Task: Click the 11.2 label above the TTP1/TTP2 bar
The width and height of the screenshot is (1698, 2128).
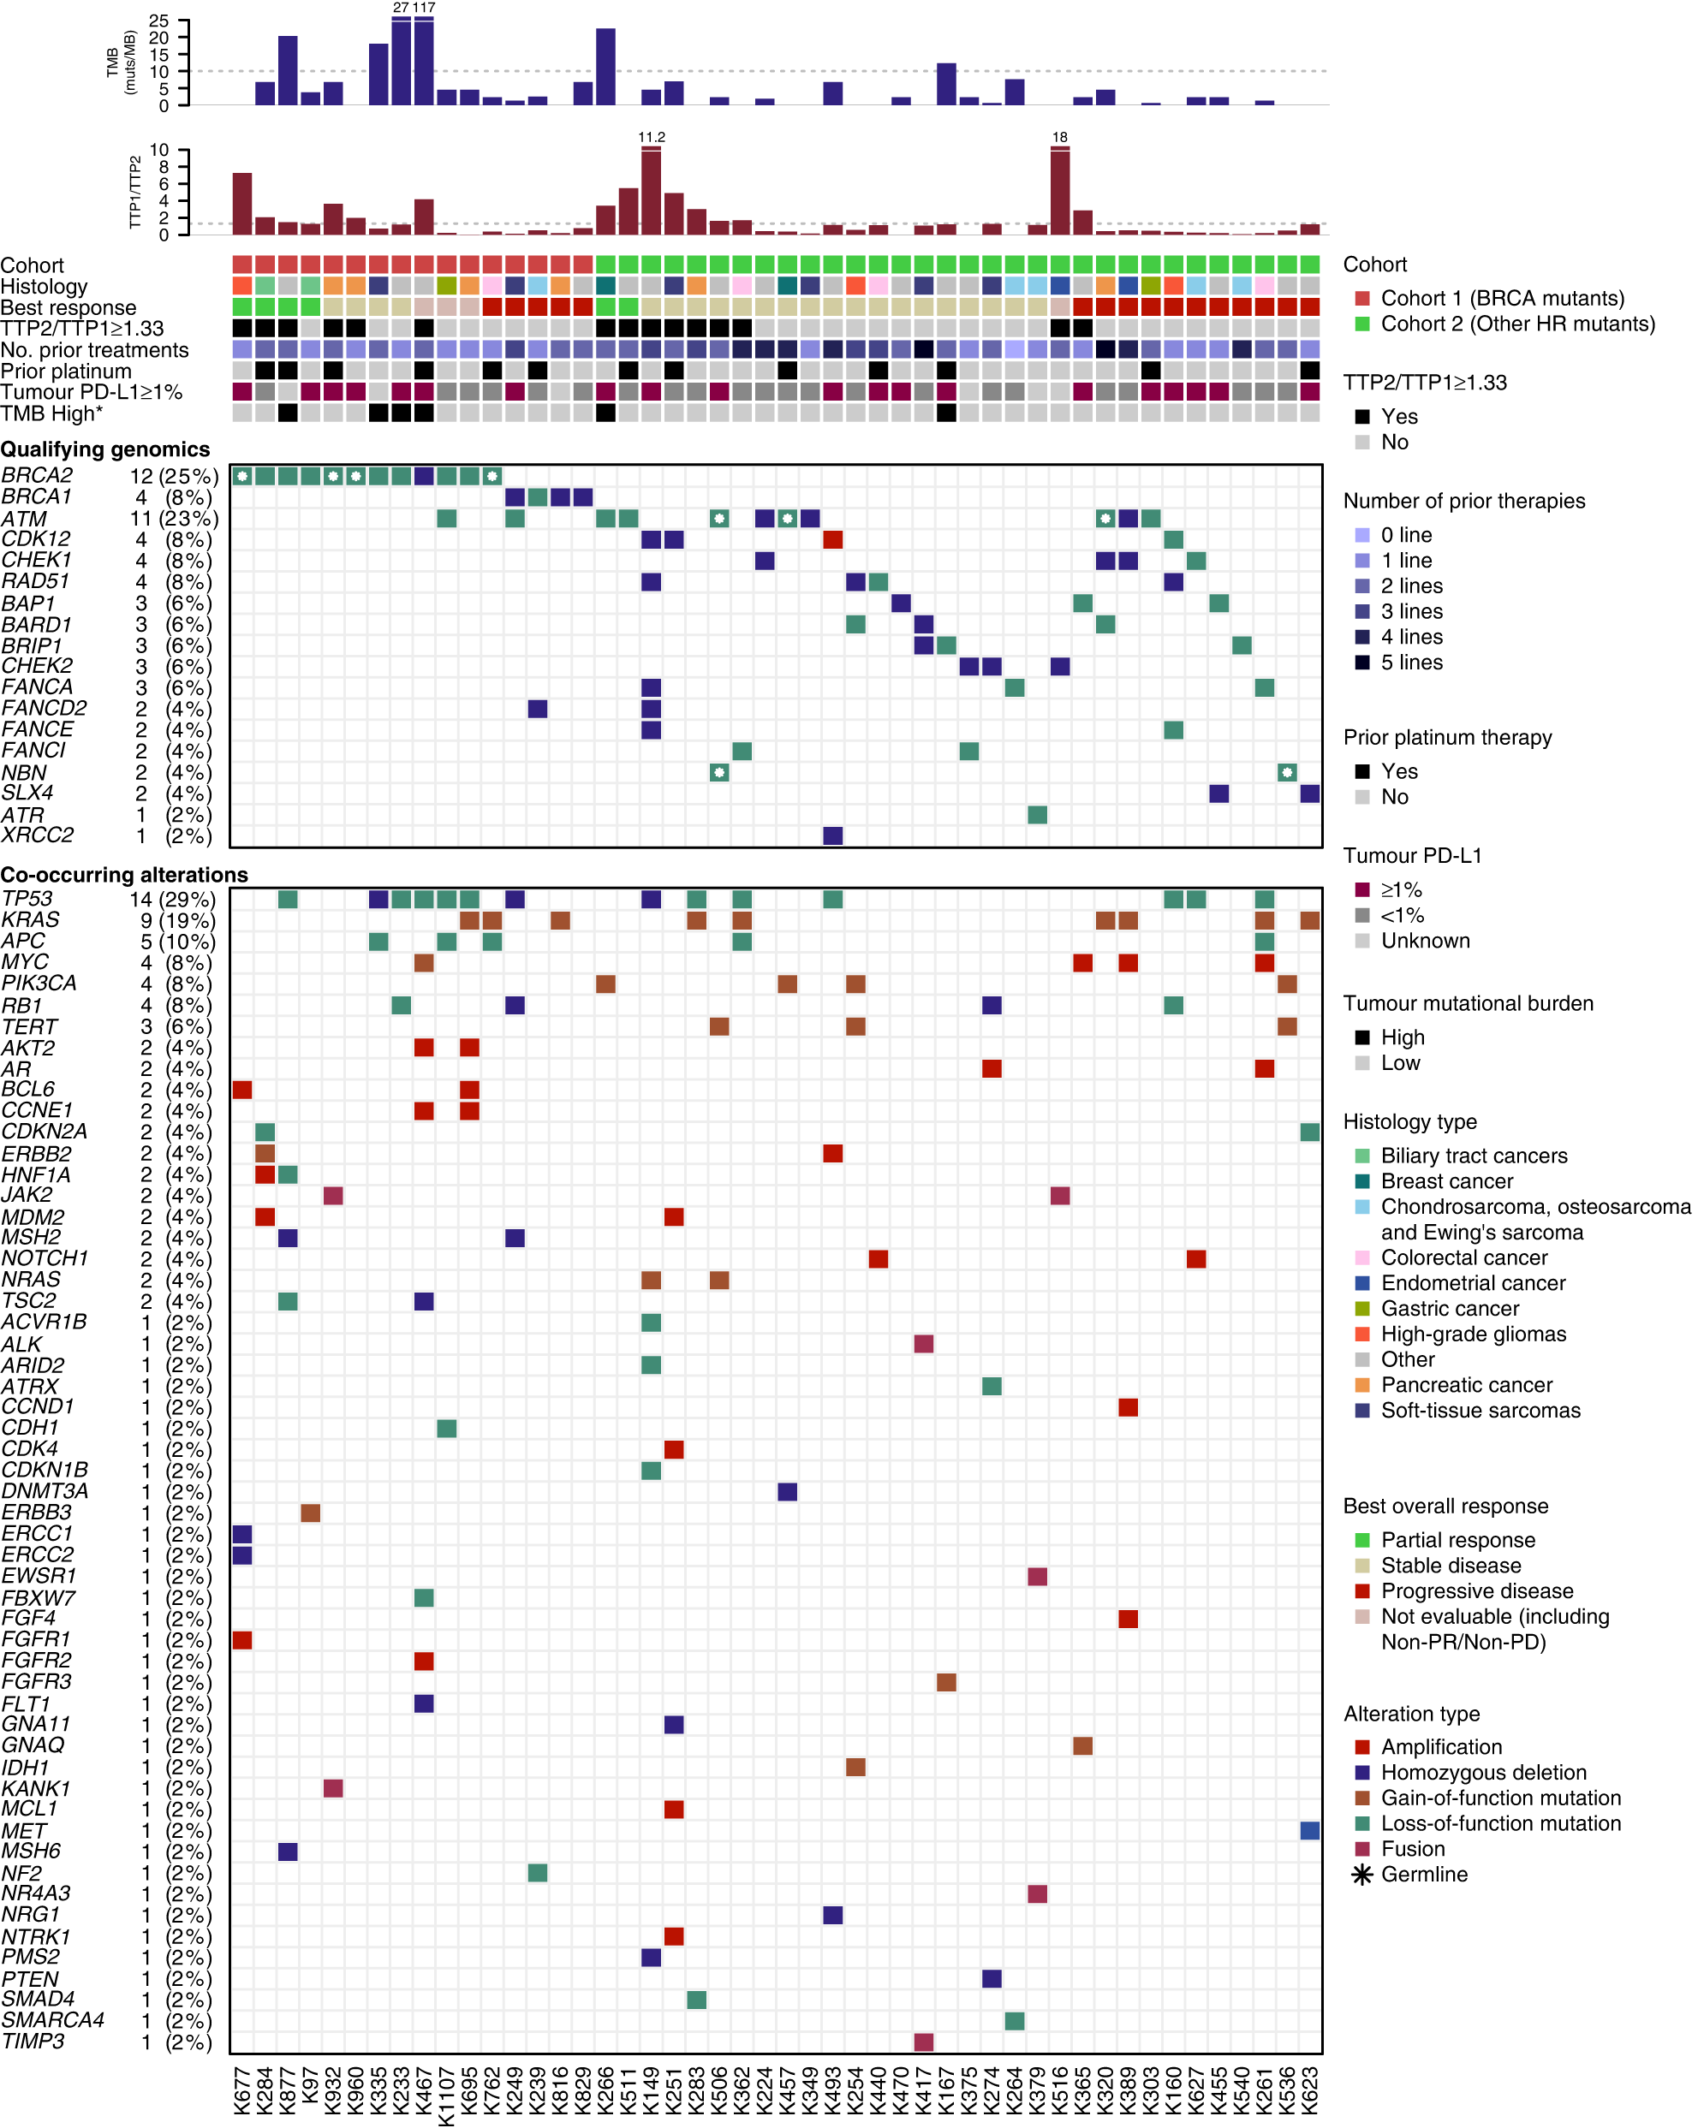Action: point(652,137)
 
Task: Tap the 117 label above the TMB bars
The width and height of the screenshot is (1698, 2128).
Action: point(425,7)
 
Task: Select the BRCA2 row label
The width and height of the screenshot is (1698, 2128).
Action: point(37,476)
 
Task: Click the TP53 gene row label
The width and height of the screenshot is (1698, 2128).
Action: point(27,898)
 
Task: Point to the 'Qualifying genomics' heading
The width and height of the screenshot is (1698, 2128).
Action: point(104,449)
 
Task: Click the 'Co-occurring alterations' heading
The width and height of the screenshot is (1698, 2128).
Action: point(123,875)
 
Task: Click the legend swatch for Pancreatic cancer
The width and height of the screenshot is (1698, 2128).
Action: point(1362,1385)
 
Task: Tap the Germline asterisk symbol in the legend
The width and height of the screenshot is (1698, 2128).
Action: point(1362,1875)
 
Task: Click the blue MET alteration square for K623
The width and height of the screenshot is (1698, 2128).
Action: point(1310,1831)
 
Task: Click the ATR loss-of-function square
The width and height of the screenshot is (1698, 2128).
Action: point(1037,814)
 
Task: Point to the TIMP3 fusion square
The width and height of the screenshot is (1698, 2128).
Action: point(923,2042)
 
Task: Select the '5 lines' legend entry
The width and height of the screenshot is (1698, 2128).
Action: point(1411,663)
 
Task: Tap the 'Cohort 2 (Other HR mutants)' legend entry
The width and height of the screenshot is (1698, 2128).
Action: point(1516,324)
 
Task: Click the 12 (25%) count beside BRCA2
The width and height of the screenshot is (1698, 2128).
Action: point(174,476)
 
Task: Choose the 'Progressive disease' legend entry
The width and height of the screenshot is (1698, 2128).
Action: point(1476,1591)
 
